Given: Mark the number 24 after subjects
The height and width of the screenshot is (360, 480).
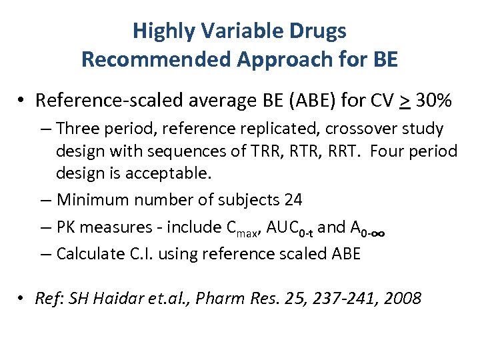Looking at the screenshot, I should tap(293, 199).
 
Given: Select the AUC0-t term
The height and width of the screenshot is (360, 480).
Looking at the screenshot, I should tap(289, 227).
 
